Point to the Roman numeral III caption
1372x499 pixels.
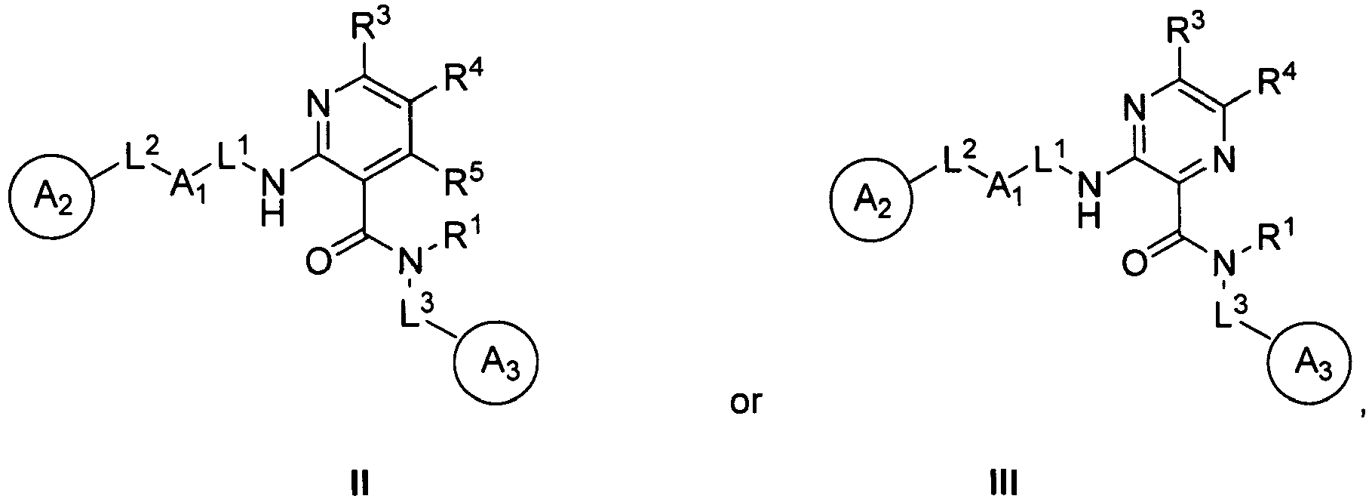click(x=1003, y=481)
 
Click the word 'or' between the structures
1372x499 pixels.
click(x=746, y=404)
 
